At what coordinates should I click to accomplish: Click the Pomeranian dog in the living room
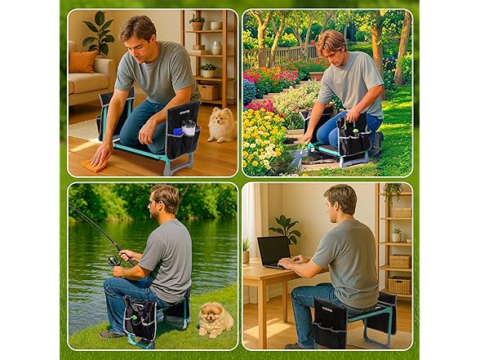pos(220,124)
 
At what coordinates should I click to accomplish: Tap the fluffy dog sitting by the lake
pos(215,319)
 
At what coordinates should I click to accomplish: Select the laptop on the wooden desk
pos(273,250)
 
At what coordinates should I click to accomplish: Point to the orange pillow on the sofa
pos(82,61)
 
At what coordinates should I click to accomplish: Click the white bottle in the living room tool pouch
pos(189,128)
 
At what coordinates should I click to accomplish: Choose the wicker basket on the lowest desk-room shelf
pos(399,285)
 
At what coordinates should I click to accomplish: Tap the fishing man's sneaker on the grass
pos(112,333)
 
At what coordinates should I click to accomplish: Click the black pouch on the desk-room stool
pos(331,321)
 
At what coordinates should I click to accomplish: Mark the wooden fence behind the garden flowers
pos(273,57)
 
